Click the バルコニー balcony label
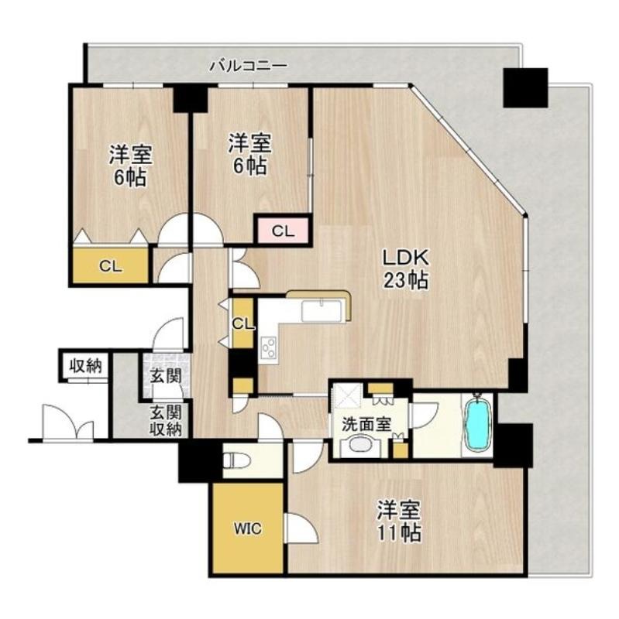click(x=248, y=65)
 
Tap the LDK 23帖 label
click(x=405, y=269)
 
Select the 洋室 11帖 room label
click(x=398, y=521)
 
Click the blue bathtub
click(x=477, y=426)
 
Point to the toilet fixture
click(x=236, y=460)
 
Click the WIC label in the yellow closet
click(x=247, y=528)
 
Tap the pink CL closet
click(x=283, y=231)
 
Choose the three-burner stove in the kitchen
click(x=268, y=347)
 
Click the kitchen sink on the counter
click(x=322, y=311)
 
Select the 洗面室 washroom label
click(x=366, y=424)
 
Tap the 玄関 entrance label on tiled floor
click(x=165, y=377)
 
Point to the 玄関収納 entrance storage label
click(x=166, y=421)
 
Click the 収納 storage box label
click(x=86, y=366)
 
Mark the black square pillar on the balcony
click(x=525, y=87)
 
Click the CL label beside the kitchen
click(x=242, y=324)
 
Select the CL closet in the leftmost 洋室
click(x=111, y=265)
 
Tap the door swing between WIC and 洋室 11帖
click(x=302, y=528)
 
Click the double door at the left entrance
click(x=68, y=422)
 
